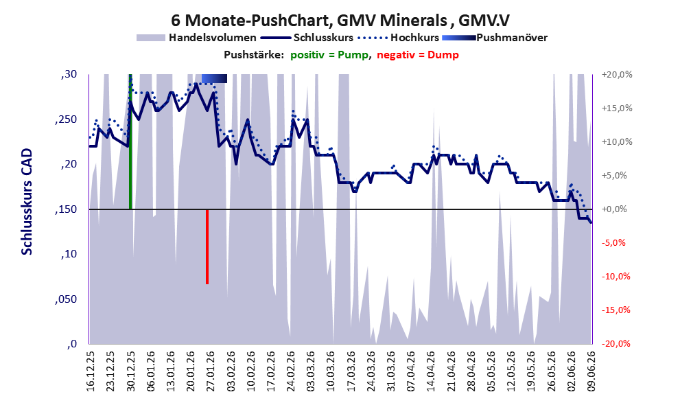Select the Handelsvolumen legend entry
coord(196,38)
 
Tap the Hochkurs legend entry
coord(398,38)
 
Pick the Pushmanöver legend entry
coord(495,38)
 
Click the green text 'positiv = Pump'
coord(329,55)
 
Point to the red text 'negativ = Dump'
coord(418,55)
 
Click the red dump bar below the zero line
coord(207,247)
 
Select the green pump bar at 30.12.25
coord(130,142)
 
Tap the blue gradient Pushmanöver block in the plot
coord(214,78)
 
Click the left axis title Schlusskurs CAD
coord(27,202)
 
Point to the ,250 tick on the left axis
coord(66,119)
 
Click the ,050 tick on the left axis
coord(66,299)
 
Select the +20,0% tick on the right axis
coord(617,75)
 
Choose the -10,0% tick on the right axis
coord(615,277)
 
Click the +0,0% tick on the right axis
coord(614,209)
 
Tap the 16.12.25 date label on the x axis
coord(90,371)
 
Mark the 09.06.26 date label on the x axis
coord(591,371)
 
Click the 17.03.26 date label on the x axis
coord(351,371)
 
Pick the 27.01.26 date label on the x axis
coord(211,371)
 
